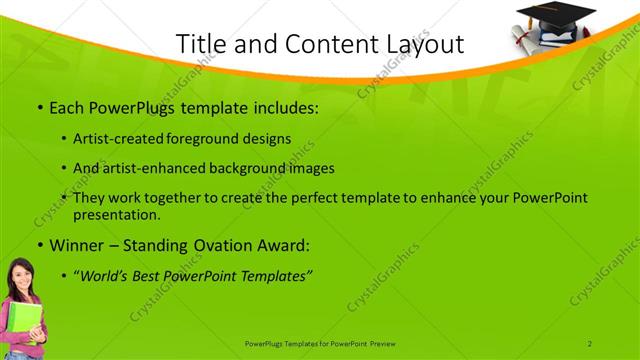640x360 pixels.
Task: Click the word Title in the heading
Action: click(199, 44)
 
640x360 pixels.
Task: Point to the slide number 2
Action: click(590, 343)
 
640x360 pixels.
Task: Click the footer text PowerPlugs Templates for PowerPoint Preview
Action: click(320, 343)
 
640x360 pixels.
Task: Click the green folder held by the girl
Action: click(29, 325)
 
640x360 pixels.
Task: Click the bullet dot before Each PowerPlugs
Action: click(39, 107)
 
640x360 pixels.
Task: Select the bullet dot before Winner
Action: click(39, 245)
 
